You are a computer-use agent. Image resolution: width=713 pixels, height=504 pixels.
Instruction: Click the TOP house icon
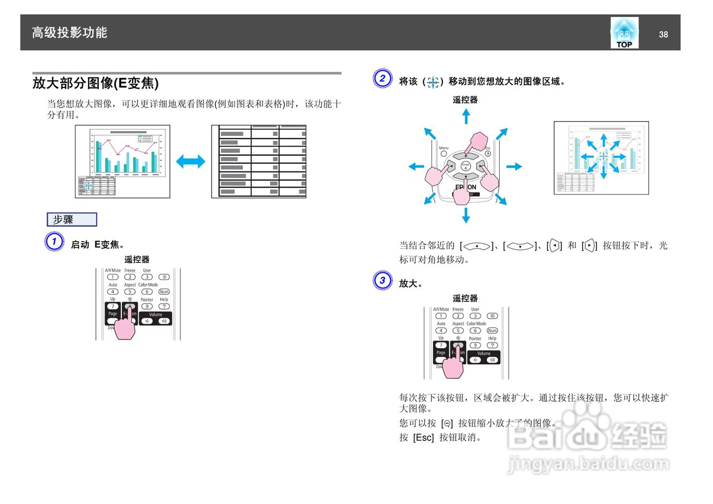[x=624, y=33]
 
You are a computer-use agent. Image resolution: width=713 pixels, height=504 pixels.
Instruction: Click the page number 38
[x=663, y=35]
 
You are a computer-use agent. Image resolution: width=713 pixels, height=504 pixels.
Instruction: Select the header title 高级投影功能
[x=70, y=33]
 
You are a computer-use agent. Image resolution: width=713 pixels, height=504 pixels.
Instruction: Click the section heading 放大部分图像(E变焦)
[x=95, y=84]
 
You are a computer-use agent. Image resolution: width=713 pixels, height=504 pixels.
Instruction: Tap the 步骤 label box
[x=72, y=219]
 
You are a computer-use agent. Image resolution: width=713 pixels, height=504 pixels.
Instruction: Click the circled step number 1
[x=53, y=242]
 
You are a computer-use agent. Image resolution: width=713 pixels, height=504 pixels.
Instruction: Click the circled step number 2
[x=382, y=79]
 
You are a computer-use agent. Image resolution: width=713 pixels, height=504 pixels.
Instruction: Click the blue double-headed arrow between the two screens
[x=191, y=162]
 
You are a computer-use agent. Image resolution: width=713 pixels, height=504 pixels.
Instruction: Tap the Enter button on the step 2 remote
[x=466, y=166]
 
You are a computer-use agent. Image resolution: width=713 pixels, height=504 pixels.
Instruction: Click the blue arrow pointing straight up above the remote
[x=466, y=116]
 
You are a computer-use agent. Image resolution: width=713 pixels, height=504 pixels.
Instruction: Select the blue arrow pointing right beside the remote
[x=514, y=166]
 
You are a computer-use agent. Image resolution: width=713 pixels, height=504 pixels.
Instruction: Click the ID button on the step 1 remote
[x=164, y=277]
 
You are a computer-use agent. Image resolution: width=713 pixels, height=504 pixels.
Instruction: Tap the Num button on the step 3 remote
[x=492, y=331]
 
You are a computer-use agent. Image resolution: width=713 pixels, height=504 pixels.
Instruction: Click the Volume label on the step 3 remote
[x=484, y=353]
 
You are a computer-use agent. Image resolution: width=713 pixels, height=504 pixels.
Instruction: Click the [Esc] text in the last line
[x=423, y=438]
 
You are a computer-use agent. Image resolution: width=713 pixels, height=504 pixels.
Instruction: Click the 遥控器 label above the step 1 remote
[x=137, y=260]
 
